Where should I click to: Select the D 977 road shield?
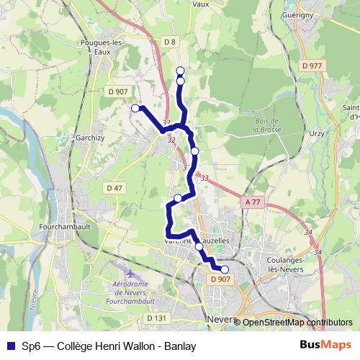pos(312,66)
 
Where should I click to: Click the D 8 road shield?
pos(169,42)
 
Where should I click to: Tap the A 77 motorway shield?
pos(251,202)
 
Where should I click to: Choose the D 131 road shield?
pos(156,318)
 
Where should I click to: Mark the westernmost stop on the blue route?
pos(135,108)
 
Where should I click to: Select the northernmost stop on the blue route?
pos(180,71)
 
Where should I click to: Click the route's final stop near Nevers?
pos(225,269)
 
